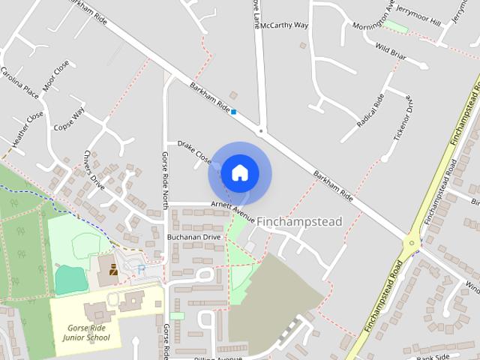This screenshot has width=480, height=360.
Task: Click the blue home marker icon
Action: coord(239,172)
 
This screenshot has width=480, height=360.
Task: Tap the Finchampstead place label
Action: coord(298,222)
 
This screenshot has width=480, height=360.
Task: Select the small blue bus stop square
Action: coord(234,112)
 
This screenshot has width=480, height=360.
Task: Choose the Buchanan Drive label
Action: coord(193,237)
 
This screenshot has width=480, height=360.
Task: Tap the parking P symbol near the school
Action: coord(142,268)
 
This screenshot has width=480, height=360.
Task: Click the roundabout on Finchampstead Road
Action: coord(411,244)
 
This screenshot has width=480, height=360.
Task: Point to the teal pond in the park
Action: coord(69,279)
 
